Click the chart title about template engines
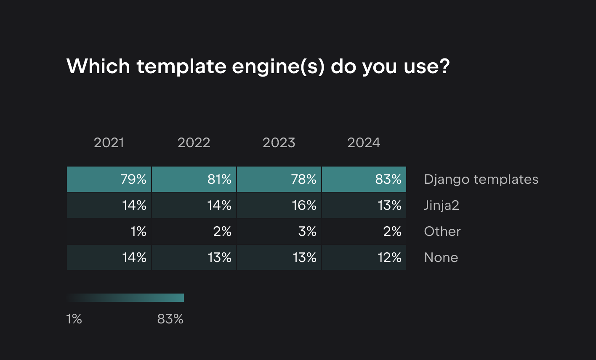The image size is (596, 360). click(258, 66)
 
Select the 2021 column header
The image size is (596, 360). click(109, 143)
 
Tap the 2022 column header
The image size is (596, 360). click(194, 143)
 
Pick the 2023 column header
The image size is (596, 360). click(279, 143)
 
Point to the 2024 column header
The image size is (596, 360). click(364, 143)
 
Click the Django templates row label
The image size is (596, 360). click(481, 180)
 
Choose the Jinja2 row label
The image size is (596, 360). click(441, 206)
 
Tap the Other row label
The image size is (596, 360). click(442, 232)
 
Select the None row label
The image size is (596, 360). click(441, 258)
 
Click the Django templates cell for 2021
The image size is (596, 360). click(109, 180)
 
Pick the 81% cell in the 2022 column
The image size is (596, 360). click(194, 180)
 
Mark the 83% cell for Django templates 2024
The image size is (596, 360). click(364, 180)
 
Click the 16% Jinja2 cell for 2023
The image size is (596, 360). click(279, 206)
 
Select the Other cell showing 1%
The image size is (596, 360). click(109, 232)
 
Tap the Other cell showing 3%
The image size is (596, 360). click(279, 232)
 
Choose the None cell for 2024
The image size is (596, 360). click(364, 258)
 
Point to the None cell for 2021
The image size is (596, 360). click(109, 258)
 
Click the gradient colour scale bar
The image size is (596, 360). click(125, 298)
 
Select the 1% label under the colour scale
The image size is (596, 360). click(74, 319)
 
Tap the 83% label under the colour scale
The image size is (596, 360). click(170, 319)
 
